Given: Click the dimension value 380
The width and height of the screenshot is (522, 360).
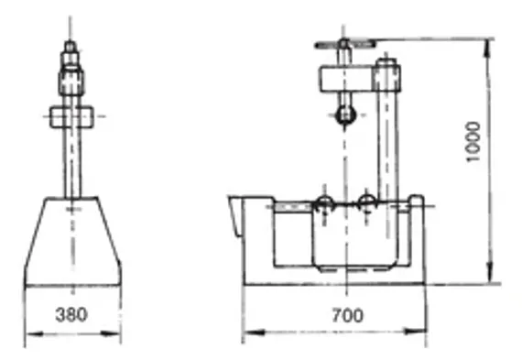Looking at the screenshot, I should tap(71, 315).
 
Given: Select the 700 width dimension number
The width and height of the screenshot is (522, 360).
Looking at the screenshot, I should tap(347, 315).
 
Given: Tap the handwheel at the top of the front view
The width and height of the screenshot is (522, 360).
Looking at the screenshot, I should tap(340, 43).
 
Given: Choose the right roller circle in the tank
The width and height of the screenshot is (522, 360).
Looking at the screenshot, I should tap(366, 202).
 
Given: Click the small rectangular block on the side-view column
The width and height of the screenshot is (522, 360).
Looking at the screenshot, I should tap(71, 116).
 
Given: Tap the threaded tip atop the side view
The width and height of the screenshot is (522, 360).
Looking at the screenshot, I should tap(71, 46).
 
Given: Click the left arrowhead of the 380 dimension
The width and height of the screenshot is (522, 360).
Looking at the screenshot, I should tap(27, 333).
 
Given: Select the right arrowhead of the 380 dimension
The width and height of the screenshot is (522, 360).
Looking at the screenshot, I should tap(118, 333).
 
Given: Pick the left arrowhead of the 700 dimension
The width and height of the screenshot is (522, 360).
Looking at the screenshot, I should tap(246, 333).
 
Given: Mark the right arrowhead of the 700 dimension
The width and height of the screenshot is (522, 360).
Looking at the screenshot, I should tap(425, 333).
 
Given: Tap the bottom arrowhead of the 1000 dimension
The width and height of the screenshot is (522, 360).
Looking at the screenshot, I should tap(493, 280).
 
